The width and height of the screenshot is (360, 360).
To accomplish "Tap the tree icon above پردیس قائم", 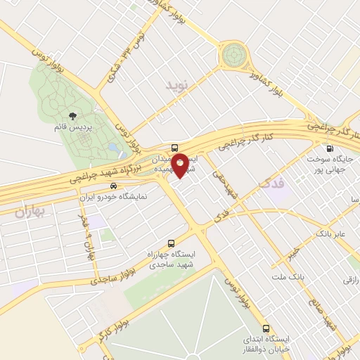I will click(72, 116).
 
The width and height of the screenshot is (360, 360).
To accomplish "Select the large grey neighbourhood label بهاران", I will click(27, 211).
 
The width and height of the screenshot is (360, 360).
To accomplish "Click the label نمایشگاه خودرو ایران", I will click(112, 198).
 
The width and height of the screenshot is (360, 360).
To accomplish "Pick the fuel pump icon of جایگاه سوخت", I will click(329, 148).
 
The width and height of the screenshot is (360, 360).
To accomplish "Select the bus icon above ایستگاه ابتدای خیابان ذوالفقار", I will click(266, 328).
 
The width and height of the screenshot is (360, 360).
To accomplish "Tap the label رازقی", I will click(349, 280).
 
